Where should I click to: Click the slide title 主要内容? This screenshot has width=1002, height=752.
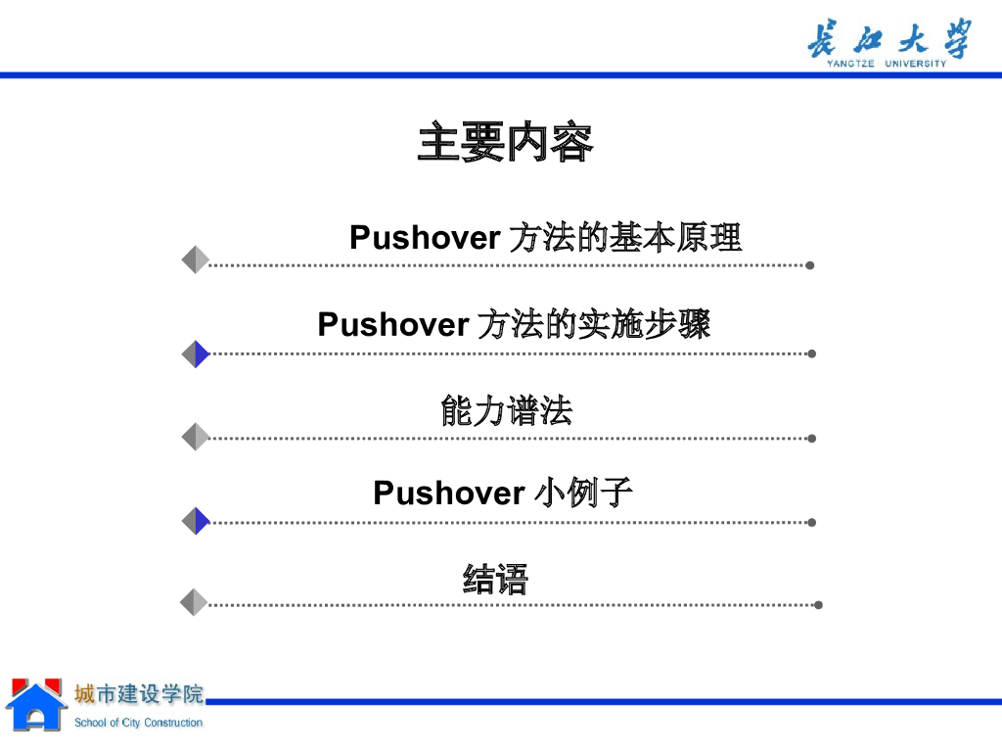[505, 143]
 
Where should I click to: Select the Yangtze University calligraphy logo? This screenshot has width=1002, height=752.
[889, 39]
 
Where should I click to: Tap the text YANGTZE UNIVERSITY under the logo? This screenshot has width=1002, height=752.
[887, 65]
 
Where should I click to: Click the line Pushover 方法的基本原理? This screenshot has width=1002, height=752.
[545, 238]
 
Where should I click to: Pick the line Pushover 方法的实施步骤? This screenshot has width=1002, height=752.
[514, 324]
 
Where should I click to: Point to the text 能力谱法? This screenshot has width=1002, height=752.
[506, 411]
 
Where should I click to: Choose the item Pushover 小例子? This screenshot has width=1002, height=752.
[502, 493]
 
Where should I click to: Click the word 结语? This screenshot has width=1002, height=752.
[495, 579]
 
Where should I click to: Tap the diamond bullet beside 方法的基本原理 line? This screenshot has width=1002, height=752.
[196, 259]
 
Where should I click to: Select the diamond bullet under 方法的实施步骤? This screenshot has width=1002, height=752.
[196, 353]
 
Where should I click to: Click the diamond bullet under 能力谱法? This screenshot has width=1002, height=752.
[196, 437]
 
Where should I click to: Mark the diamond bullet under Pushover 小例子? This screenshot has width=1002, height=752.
[196, 521]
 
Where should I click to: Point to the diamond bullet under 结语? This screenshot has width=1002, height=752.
[196, 602]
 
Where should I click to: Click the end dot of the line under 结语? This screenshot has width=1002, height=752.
[818, 605]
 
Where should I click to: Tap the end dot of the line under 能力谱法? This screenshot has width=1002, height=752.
[812, 439]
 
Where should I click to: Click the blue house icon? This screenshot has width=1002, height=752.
[35, 705]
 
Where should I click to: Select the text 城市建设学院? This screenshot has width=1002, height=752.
[139, 695]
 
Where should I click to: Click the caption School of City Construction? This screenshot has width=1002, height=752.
[139, 723]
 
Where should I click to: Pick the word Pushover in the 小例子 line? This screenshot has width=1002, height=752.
[448, 493]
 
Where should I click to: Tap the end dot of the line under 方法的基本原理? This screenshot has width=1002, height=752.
[810, 264]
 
